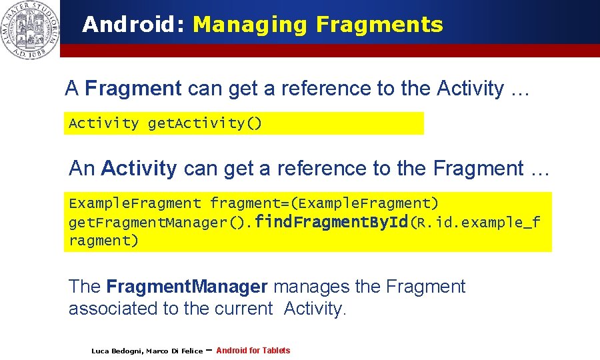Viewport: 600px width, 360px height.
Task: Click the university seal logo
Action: coord(29,29)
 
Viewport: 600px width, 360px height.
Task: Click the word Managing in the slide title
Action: coord(251,25)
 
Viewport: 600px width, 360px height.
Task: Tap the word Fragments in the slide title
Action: coord(379,25)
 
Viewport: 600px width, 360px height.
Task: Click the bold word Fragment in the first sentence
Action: coord(133,88)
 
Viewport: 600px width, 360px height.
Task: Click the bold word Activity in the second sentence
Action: coord(139,169)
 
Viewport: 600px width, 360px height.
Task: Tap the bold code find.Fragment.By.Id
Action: coord(331,222)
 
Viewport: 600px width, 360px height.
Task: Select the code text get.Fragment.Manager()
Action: coord(161,223)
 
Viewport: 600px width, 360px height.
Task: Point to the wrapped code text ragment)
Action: coord(103,241)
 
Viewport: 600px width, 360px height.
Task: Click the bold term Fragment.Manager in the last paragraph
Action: coord(187,287)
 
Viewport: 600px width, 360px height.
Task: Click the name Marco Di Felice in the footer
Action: coord(174,351)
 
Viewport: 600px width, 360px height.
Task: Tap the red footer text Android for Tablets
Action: coord(253,351)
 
